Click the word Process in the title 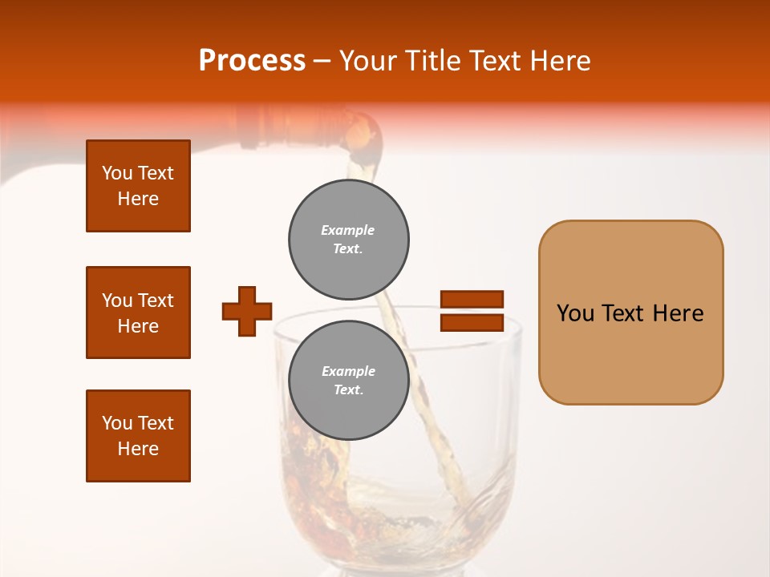click(252, 61)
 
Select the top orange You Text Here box click(138, 186)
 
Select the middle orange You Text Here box click(138, 313)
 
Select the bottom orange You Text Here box click(138, 436)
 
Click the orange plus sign click(247, 311)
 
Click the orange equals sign click(472, 311)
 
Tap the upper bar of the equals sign click(472, 299)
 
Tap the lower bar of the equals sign click(472, 323)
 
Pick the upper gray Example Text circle click(349, 240)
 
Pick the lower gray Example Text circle click(349, 381)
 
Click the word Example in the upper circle click(348, 230)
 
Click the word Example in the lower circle click(348, 371)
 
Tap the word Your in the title click(368, 61)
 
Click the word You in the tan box click(575, 313)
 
